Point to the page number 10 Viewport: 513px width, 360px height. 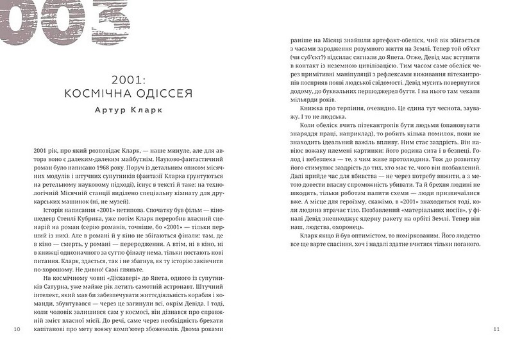[x=17, y=329]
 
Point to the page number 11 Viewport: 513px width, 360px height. [x=496, y=329]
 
